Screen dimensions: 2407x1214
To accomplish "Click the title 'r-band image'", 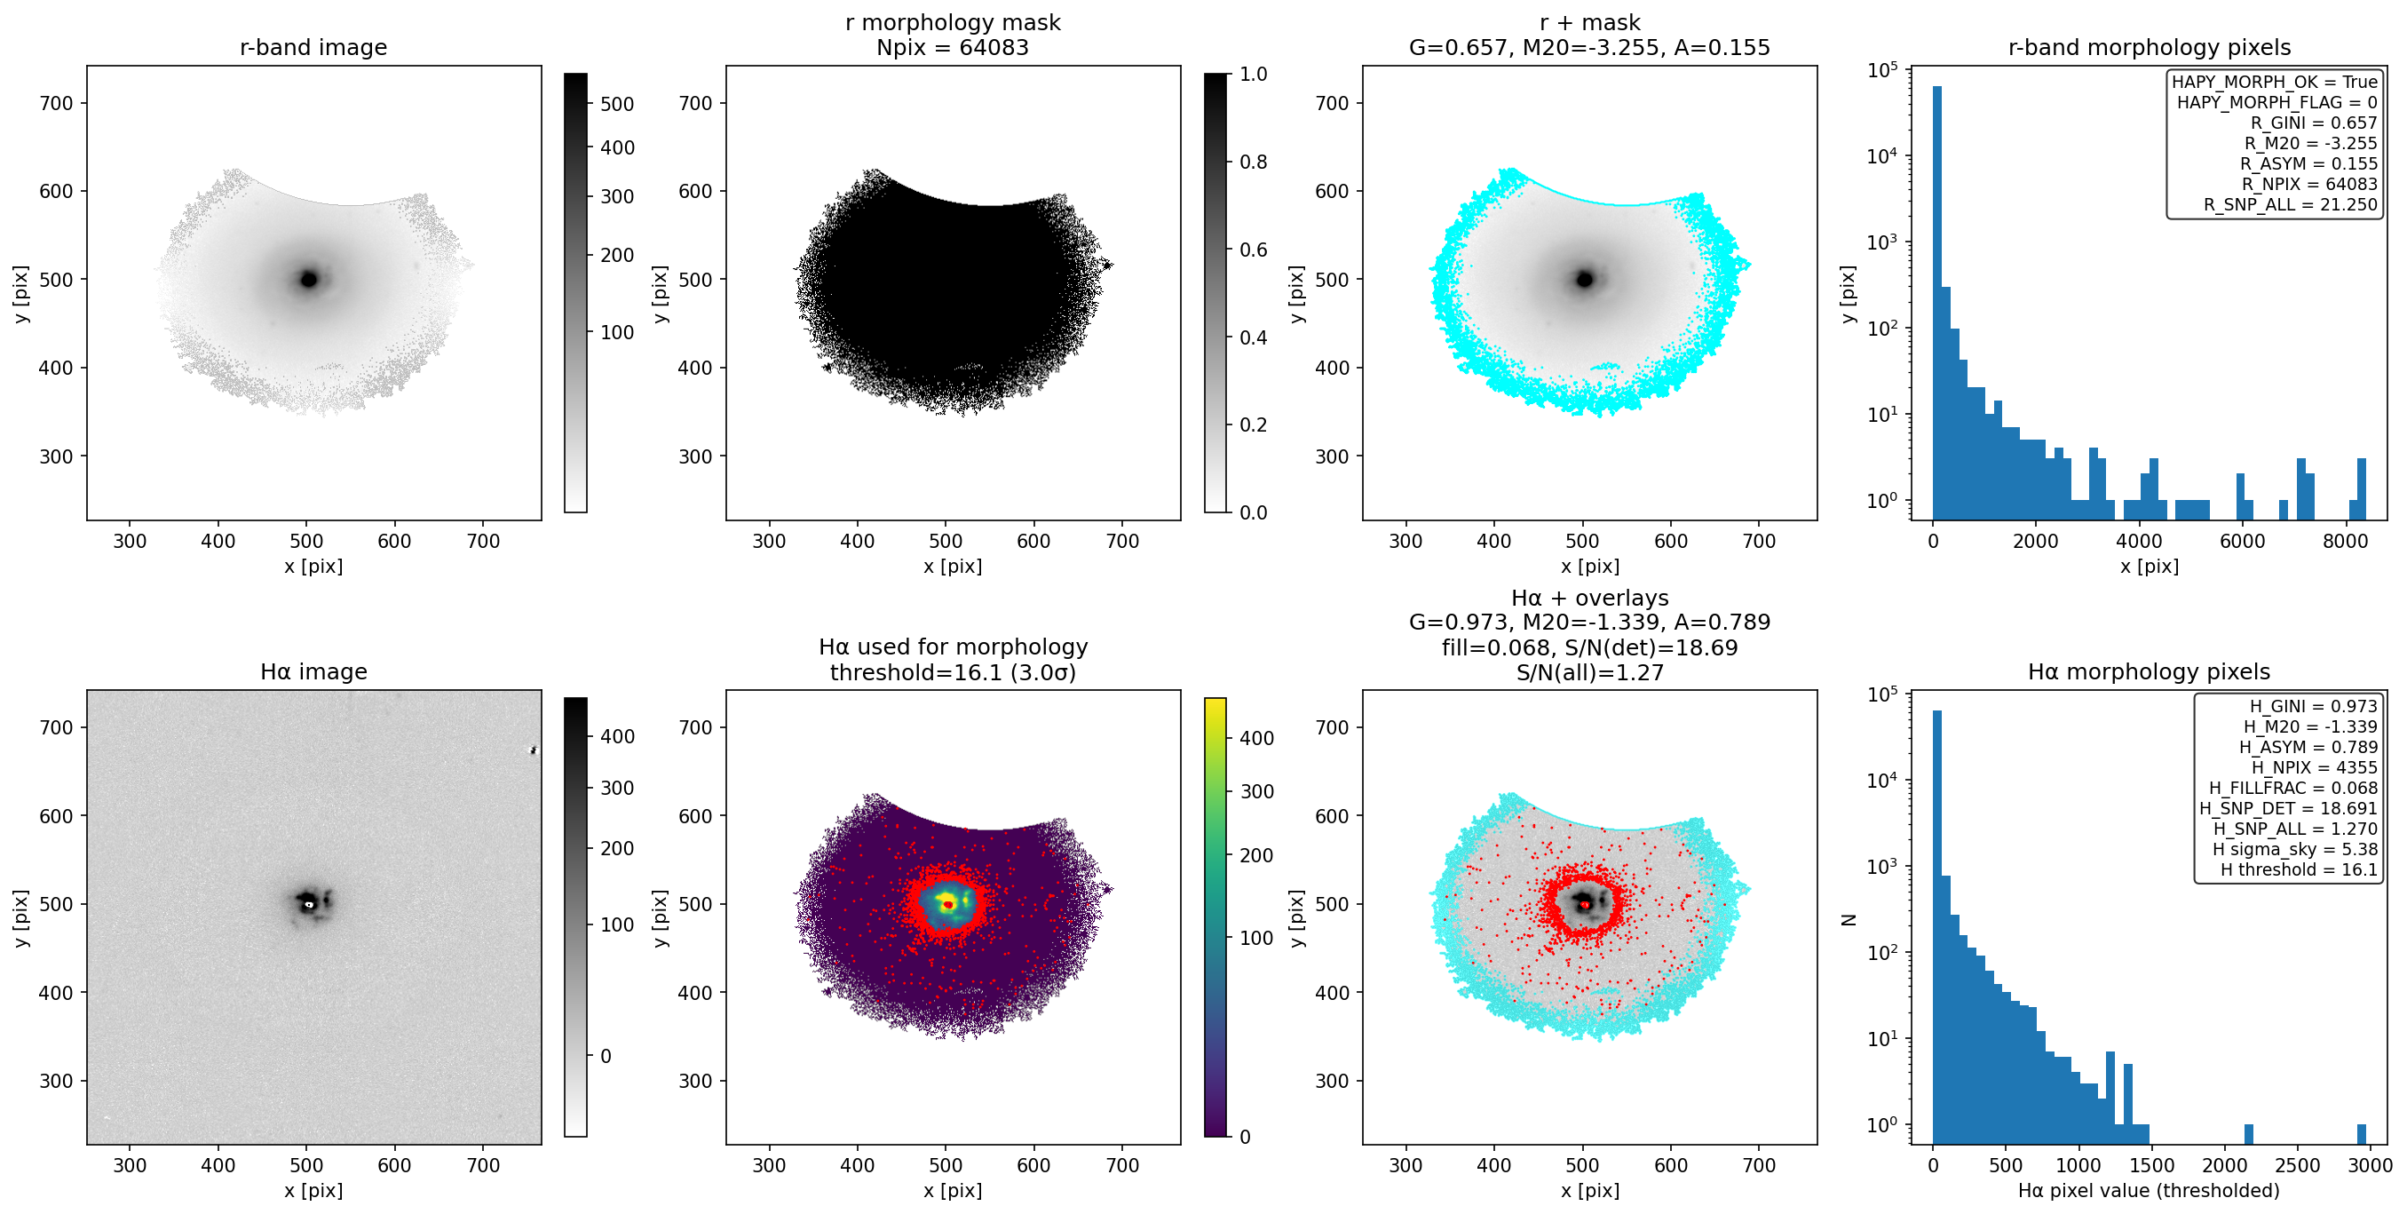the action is coord(313,48).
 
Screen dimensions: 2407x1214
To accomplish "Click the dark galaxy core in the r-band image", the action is coord(308,279).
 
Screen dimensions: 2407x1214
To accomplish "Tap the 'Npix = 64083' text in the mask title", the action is coord(952,48).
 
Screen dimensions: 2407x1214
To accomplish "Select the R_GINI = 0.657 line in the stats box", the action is coord(2313,123).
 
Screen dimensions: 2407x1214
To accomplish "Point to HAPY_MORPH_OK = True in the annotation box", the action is coord(2275,83).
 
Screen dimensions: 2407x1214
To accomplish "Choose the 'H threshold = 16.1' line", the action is coord(2299,869).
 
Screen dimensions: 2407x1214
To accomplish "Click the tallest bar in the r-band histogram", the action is coord(1937,303).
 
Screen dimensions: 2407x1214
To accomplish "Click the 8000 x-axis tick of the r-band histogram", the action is coord(2346,541).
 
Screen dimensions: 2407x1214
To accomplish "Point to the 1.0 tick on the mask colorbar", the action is coord(1253,74).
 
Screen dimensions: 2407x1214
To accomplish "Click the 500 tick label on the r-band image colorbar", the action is coord(617,104).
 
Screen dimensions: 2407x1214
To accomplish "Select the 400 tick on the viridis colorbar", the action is coord(1255,738).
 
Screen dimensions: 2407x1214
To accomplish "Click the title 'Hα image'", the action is coord(313,672).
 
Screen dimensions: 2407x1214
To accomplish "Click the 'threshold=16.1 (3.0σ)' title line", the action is coord(952,672).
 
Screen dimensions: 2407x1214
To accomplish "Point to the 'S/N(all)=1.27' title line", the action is coord(1589,672).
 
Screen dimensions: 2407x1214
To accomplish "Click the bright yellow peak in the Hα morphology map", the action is coord(946,902).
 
